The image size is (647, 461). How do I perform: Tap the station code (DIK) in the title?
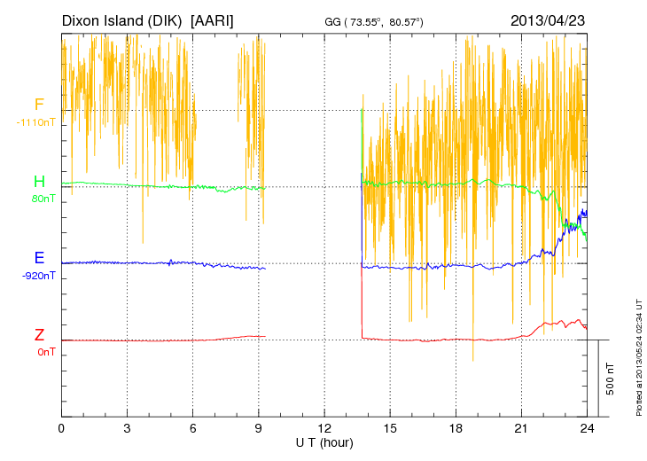pos(164,20)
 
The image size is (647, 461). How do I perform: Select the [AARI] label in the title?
pos(213,20)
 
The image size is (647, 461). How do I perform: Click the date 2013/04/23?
pos(547,20)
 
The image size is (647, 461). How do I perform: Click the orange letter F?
pos(39,105)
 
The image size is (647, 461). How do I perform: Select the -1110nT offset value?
pos(35,122)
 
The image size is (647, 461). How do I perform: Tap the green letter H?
pos(39,182)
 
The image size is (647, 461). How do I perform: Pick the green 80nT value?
pos(43,199)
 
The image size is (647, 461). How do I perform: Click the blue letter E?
pos(39,258)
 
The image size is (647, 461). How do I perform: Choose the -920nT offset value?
pos(38,275)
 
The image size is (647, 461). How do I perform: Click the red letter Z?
pos(39,335)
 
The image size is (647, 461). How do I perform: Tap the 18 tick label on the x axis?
pos(456,428)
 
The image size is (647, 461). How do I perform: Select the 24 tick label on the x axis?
pos(586,428)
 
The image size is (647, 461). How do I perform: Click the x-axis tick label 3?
pos(127,428)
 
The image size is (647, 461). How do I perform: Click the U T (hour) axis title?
pos(324,441)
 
